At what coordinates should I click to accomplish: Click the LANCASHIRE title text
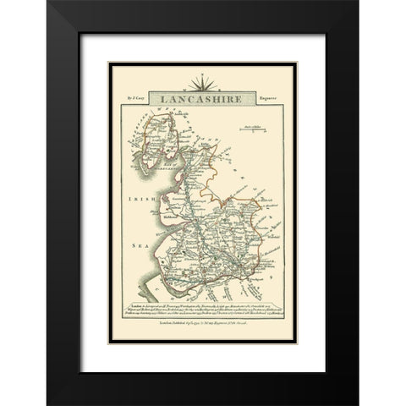pos(201,98)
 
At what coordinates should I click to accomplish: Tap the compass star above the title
pos(201,83)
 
